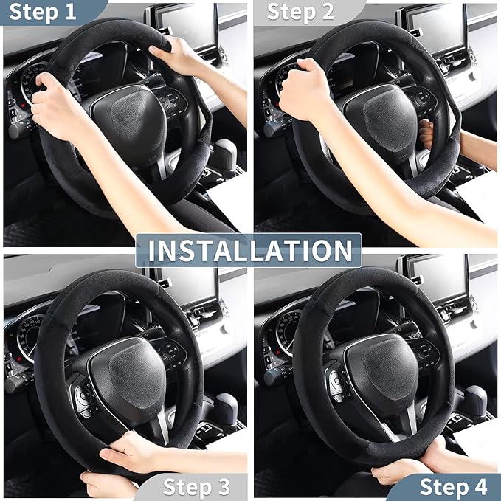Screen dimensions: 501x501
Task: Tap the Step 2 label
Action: pos(300,12)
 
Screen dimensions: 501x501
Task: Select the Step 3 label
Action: pos(196,486)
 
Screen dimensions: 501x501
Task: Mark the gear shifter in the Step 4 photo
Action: pos(472,402)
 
